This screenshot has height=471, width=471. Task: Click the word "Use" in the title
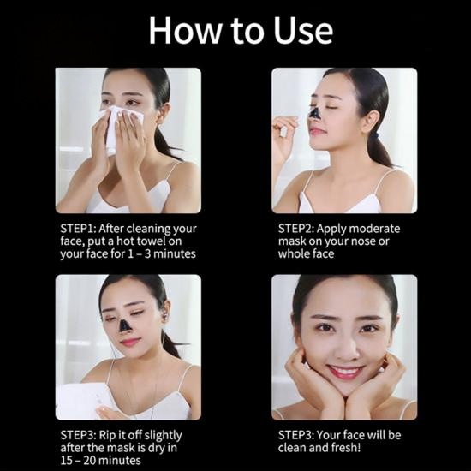[303, 30]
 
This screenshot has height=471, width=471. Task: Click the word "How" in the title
[186, 30]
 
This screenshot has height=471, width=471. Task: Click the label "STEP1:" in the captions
[78, 229]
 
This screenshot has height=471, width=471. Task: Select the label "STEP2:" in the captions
[296, 229]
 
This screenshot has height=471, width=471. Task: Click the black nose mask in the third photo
[124, 326]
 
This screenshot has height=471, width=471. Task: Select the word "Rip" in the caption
[106, 436]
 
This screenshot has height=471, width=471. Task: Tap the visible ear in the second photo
[372, 122]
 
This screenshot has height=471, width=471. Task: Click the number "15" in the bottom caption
[66, 461]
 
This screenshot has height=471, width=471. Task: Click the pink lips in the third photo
[130, 342]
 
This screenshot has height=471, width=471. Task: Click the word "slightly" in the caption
[163, 436]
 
